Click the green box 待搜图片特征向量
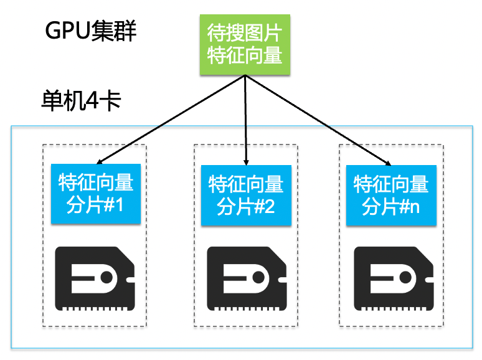pos(245,45)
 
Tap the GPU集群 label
pos(91,31)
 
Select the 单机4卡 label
pos(81,100)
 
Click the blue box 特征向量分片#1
pos(96,194)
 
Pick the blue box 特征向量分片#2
pos(246,195)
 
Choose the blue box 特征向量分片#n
pos(391,195)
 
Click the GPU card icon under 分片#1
pos(95,278)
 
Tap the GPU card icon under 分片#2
pos(247,278)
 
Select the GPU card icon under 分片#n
pos(394,278)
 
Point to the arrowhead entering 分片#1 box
pos(99,162)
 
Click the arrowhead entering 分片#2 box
pos(246,163)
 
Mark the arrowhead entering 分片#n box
pos(388,163)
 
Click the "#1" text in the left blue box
pos(114,205)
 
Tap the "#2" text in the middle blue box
pos(265,207)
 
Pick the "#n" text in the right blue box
pos(410,207)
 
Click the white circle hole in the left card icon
pos(106,277)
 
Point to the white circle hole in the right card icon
pos(405,277)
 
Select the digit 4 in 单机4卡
pos(92,101)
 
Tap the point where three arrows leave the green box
pos(245,75)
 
